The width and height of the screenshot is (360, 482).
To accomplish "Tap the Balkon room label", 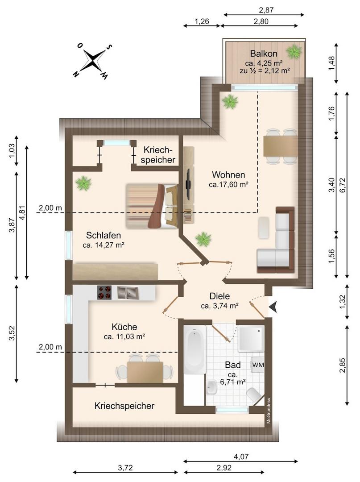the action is (x=264, y=54).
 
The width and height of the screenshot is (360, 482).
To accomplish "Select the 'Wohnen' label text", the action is (x=228, y=175).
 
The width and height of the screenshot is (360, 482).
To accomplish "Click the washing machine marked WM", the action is (x=258, y=365).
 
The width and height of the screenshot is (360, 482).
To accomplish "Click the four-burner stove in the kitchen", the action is (x=104, y=293).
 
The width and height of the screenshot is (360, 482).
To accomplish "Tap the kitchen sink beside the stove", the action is (x=128, y=293).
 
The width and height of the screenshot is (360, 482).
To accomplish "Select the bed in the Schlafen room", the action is (x=152, y=206).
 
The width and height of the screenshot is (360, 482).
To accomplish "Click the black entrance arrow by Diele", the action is (x=273, y=307).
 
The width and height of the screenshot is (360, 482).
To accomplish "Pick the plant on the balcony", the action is (x=294, y=51).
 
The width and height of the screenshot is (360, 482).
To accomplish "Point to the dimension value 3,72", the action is (x=125, y=468).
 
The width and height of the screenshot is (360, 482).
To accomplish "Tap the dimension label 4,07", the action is (x=241, y=457).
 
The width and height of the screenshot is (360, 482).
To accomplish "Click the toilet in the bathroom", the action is (x=254, y=395).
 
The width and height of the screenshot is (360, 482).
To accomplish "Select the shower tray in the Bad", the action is (x=251, y=338).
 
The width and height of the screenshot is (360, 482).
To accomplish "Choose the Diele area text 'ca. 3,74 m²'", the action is (x=220, y=306).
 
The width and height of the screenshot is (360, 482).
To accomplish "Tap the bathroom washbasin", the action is (x=211, y=388).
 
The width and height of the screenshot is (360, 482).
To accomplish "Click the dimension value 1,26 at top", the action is (x=202, y=21).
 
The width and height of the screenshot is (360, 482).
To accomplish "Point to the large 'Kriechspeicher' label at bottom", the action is (x=124, y=406).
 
